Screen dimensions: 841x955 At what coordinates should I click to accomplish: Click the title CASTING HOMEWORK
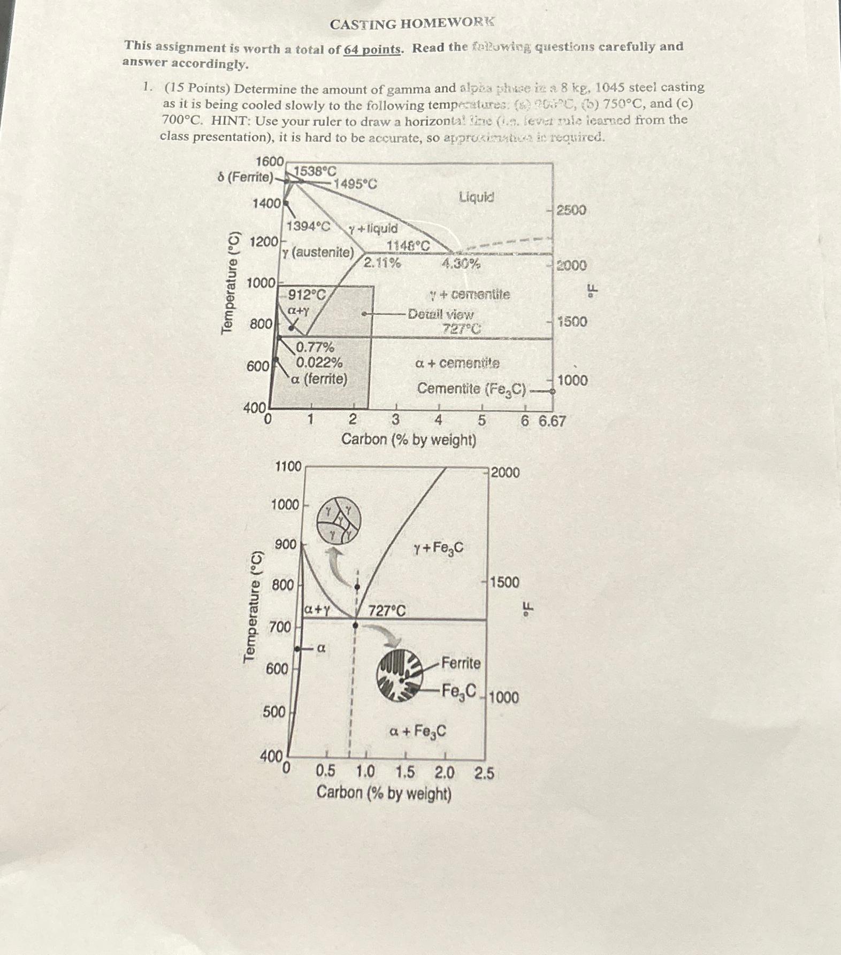click(x=412, y=24)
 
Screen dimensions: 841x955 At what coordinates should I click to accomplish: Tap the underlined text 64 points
click(x=372, y=49)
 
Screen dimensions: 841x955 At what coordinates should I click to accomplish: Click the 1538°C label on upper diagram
click(x=315, y=172)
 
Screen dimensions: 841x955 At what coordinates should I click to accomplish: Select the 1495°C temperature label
click(x=355, y=184)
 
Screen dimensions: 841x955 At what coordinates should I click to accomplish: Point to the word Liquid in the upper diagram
click(x=476, y=197)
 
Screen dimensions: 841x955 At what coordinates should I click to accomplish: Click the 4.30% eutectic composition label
click(x=461, y=263)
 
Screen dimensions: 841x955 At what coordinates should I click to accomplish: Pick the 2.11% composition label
click(x=382, y=263)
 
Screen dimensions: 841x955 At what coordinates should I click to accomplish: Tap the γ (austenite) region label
click(x=318, y=252)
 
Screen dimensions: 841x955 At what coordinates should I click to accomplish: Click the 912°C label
click(x=307, y=294)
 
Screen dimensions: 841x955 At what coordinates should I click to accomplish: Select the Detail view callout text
click(x=440, y=314)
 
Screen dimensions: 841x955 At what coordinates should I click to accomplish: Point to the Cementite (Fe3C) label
click(x=471, y=389)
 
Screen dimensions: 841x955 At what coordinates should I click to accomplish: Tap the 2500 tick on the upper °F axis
click(x=571, y=210)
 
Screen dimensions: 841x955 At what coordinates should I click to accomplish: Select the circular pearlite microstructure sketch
click(x=399, y=675)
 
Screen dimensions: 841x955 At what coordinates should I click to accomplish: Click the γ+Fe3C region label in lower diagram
click(x=438, y=548)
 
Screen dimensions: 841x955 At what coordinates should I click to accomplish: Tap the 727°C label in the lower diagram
click(x=387, y=610)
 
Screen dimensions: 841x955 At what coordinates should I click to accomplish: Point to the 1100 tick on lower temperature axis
click(x=288, y=466)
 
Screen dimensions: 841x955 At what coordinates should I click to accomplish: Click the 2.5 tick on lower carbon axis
click(x=484, y=773)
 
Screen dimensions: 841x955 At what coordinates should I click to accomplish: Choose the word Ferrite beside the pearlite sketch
click(x=461, y=664)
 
